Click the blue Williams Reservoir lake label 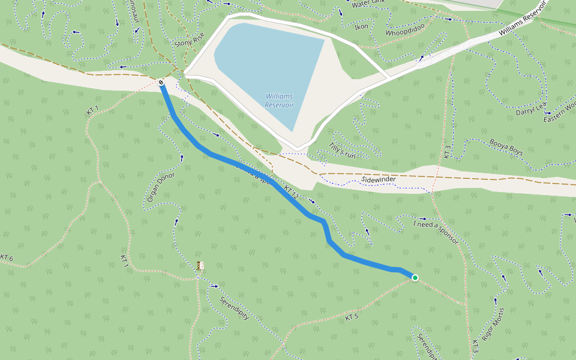[x=280, y=100]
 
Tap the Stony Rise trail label [x=189, y=40]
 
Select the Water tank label [x=368, y=4]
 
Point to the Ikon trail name [x=361, y=27]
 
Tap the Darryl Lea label [x=530, y=109]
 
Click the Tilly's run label [x=343, y=151]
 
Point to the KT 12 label [x=291, y=192]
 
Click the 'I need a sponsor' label [x=435, y=233]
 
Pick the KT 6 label [x=7, y=259]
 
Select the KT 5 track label [x=352, y=316]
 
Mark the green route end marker [x=415, y=277]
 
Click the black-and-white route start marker [x=161, y=82]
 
